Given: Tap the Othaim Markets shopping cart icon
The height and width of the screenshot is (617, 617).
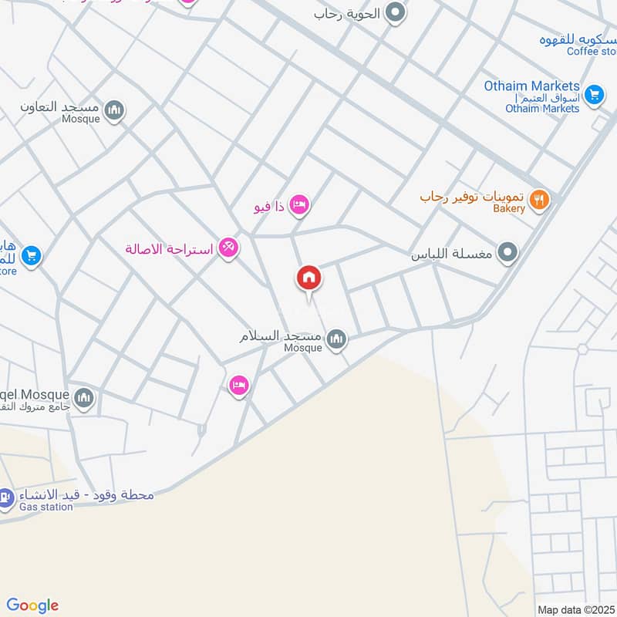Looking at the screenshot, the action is [593, 94].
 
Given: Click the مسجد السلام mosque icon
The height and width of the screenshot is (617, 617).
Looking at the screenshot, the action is [336, 339].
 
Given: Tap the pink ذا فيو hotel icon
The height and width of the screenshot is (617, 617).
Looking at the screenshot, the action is [300, 204].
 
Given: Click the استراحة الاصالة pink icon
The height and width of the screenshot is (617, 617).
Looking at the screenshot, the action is [228, 248].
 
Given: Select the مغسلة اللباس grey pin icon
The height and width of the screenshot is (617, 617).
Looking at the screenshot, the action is [507, 252].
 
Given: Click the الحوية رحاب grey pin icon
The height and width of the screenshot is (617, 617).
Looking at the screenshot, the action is [395, 12].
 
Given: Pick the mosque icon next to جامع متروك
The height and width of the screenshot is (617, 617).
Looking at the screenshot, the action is [84, 397].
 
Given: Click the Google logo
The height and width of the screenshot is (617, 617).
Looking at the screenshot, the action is [32, 605].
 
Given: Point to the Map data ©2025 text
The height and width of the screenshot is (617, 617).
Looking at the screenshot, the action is [575, 609].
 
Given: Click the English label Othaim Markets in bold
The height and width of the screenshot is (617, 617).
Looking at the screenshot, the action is [531, 86].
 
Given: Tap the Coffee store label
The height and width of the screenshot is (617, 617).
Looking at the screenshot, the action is [593, 52].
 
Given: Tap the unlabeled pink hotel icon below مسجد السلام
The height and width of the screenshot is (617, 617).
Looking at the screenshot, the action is [239, 385].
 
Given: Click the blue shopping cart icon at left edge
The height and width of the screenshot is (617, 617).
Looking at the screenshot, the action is [31, 255].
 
